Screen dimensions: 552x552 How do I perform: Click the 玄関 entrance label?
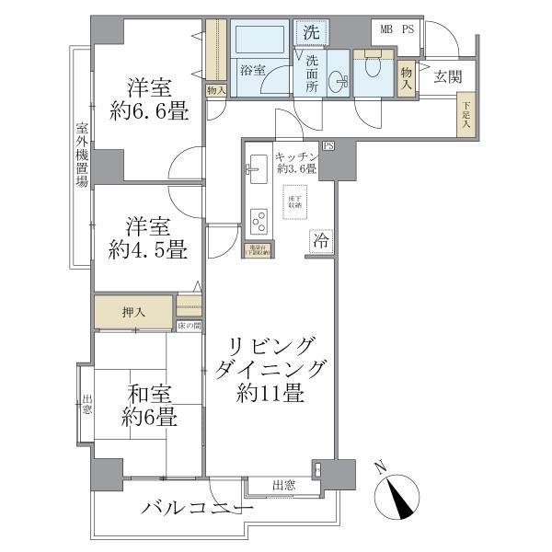(x=448, y=76)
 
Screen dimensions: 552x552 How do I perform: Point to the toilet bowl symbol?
(x=374, y=66)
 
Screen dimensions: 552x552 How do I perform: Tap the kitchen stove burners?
(x=258, y=223)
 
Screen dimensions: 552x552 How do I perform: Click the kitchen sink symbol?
(x=256, y=169)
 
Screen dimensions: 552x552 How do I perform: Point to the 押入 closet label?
(x=134, y=312)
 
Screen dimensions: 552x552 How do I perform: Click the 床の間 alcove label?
(x=189, y=326)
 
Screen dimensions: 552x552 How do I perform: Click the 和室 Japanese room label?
(x=150, y=394)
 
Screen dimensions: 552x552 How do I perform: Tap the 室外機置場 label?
(x=81, y=155)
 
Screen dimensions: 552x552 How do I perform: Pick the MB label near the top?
(x=387, y=29)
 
